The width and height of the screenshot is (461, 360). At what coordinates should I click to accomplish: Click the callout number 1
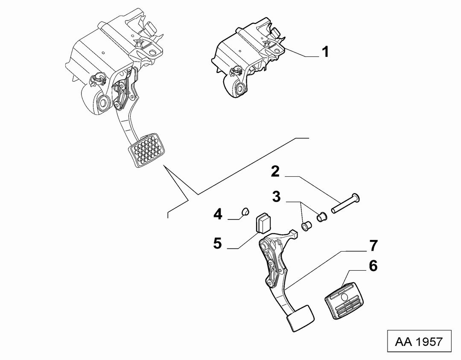click(x=325, y=52)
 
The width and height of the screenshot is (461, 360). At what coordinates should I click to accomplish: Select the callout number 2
click(x=275, y=172)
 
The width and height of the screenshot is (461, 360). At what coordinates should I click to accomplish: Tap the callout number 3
click(x=276, y=197)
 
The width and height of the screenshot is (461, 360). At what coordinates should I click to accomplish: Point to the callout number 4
click(x=218, y=214)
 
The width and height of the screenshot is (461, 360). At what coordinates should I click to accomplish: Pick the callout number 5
click(x=217, y=243)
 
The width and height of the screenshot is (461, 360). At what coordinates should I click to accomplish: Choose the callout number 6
click(x=373, y=266)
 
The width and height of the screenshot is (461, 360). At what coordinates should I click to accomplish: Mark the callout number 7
click(x=373, y=246)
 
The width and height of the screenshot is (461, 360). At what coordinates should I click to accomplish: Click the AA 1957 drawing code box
click(x=419, y=341)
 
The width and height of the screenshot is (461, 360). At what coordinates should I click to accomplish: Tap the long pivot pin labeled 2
click(x=345, y=203)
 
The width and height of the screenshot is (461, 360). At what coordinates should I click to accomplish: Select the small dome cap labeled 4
click(x=245, y=211)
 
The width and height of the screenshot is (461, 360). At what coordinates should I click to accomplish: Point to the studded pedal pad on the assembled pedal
click(x=146, y=150)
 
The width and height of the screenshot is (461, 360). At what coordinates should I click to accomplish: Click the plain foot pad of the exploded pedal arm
click(x=300, y=318)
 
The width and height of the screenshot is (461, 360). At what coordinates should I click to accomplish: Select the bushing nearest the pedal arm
click(x=306, y=226)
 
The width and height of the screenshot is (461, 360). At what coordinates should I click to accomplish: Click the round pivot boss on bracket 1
click(x=240, y=88)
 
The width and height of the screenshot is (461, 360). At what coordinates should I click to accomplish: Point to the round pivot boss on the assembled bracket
click(x=103, y=103)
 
